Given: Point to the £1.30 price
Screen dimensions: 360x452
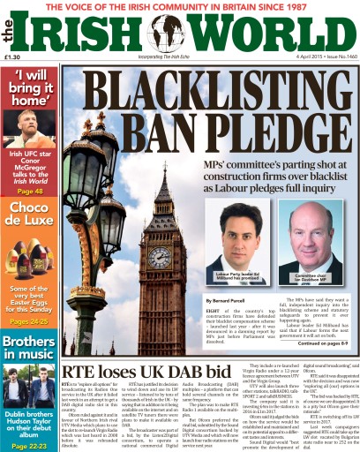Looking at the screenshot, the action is point(12,57).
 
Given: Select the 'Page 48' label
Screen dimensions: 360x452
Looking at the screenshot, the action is point(30,191).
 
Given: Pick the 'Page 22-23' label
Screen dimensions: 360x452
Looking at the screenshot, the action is point(30,444).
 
